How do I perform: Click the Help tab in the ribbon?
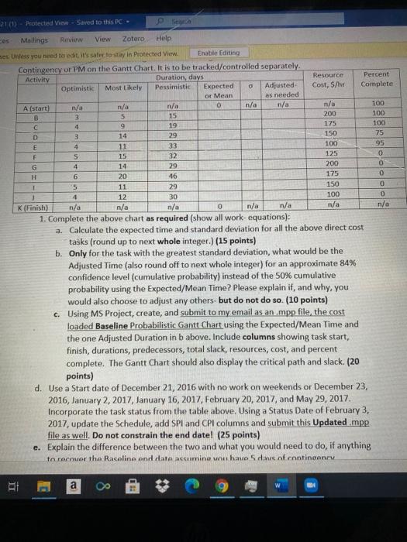click(163, 37)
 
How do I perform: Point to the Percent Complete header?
click(376, 78)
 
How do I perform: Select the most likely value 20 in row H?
click(122, 176)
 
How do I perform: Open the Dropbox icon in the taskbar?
click(163, 510)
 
